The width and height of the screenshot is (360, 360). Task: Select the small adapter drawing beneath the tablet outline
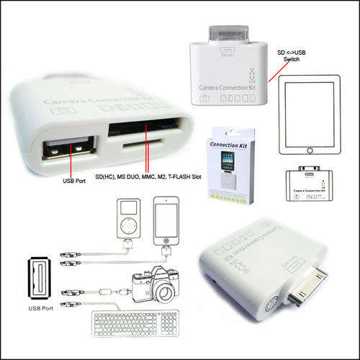pyautogui.click(x=310, y=183)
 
